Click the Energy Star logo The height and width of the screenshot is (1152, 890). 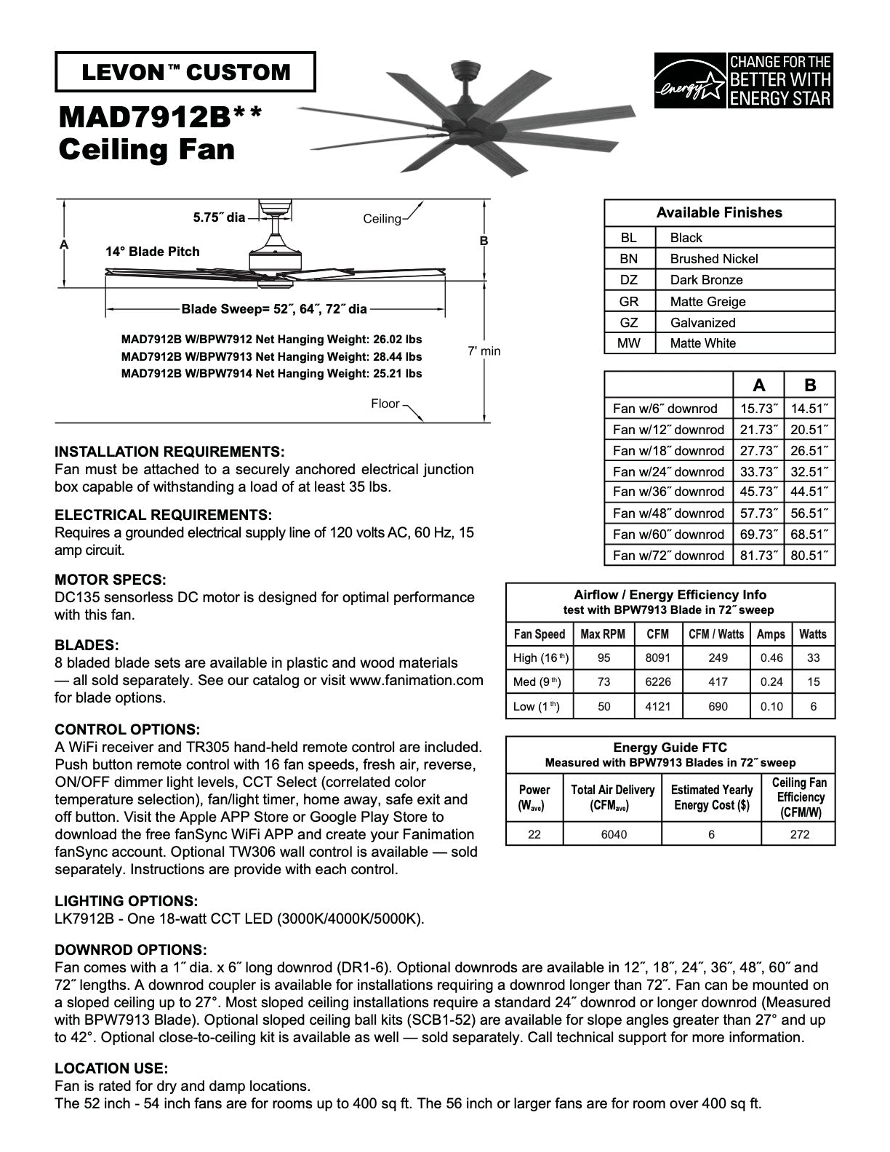[743, 80]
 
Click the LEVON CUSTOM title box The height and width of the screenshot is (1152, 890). [185, 72]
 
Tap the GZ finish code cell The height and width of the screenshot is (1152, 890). [629, 322]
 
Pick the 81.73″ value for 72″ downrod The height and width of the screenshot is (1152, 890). [758, 556]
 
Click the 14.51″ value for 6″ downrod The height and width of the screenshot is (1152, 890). [809, 409]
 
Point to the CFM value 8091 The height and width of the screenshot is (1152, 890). [657, 657]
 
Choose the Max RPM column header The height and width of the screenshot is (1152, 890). [603, 634]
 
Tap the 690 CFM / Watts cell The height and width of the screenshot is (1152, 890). [717, 706]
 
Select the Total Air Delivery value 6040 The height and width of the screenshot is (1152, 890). [613, 834]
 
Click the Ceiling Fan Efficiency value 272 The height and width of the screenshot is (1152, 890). [799, 834]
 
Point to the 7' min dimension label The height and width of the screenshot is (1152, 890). [484, 351]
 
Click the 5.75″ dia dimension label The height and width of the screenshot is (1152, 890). [219, 217]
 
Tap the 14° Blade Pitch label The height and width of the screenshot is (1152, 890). [152, 252]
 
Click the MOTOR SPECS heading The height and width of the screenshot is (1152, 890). [111, 580]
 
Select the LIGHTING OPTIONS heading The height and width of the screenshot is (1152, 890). [126, 901]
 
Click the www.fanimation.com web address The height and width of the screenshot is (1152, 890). [416, 680]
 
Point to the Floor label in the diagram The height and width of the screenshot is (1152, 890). [385, 404]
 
